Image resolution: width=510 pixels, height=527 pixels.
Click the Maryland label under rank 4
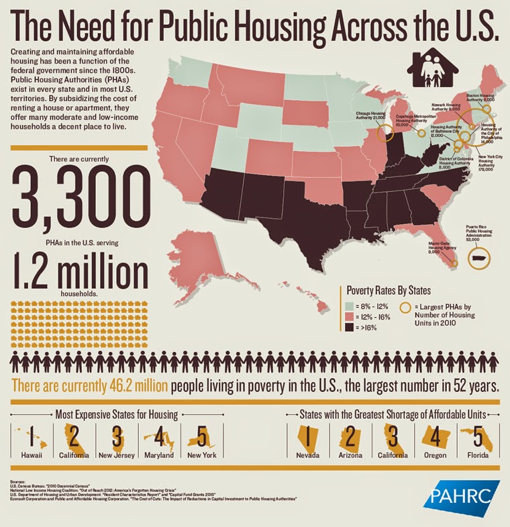tap(160, 454)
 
